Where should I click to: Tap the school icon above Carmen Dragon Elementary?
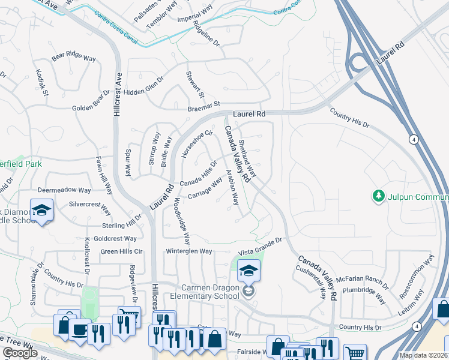[x=249, y=271]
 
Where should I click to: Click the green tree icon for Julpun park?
[x=378, y=196]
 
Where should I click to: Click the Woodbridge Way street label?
[x=182, y=220]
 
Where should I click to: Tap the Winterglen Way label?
[x=189, y=251]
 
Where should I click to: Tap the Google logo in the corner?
[x=20, y=353]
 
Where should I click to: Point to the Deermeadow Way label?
[x=65, y=190]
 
